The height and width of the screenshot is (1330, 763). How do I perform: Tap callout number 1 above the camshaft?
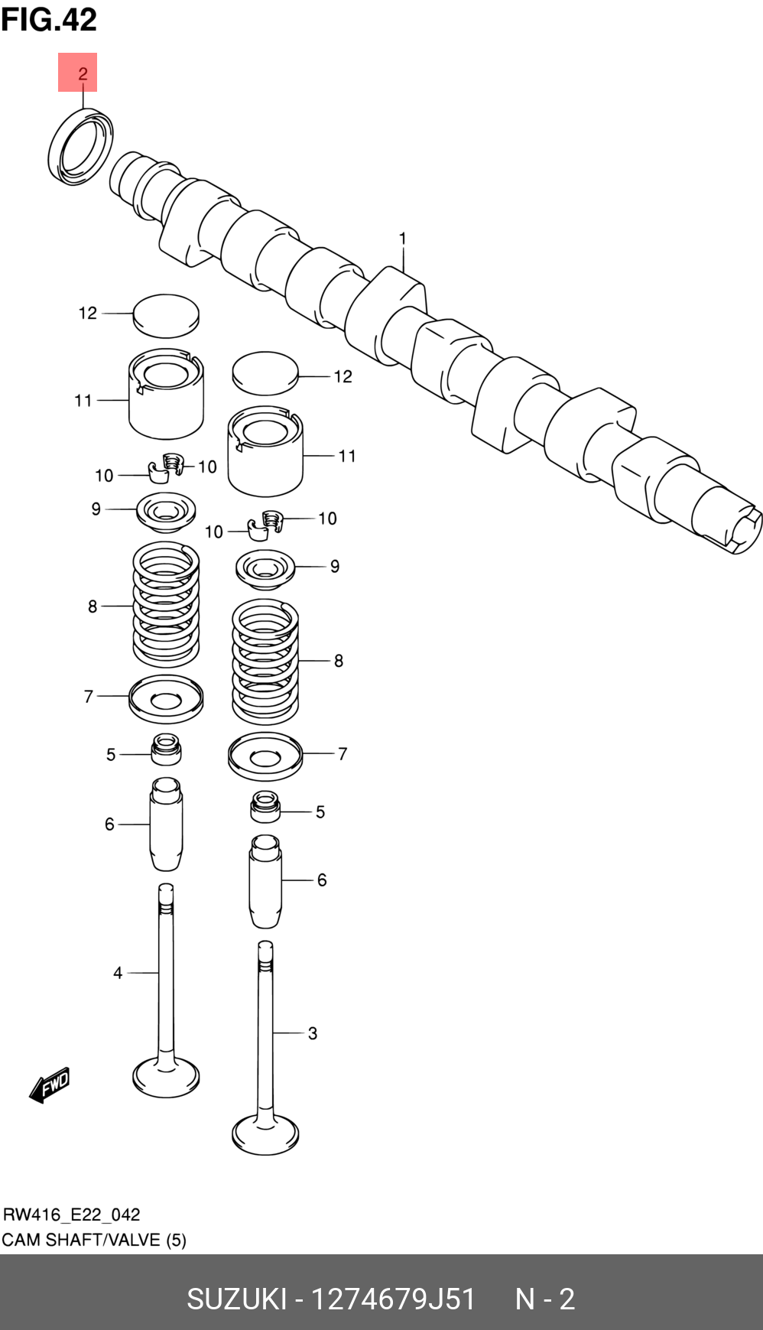403,239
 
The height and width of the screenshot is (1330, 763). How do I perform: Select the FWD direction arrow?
50,1084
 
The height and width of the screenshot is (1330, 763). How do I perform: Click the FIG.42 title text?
49,19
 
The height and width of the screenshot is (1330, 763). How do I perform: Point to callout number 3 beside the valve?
312,1033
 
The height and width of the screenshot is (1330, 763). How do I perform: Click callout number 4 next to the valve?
118,973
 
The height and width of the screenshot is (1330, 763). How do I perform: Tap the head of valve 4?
166,1077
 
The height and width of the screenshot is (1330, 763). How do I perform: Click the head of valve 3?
265,1133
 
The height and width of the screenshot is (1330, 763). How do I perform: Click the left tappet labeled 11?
166,393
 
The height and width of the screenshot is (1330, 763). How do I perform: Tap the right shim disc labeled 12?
265,372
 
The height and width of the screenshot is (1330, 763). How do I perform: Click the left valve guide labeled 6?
166,824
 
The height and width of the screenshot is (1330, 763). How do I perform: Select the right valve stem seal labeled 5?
265,807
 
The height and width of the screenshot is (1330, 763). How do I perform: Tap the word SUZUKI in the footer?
236,1299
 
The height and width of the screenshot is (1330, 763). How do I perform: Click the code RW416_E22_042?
72,1215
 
